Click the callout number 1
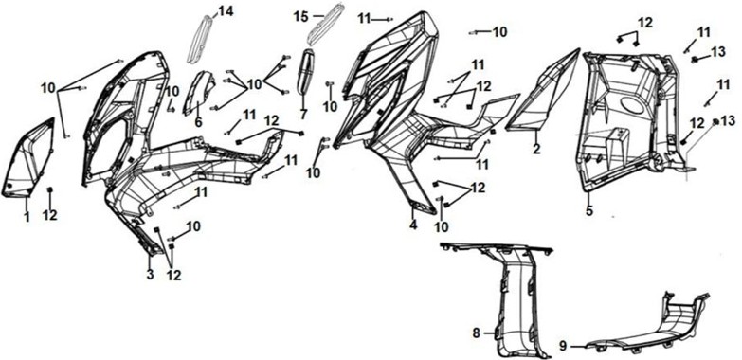click(x=27, y=217)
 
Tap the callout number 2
click(x=536, y=149)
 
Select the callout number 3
click(x=150, y=274)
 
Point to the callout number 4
click(x=413, y=225)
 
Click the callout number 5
click(x=589, y=210)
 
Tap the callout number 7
click(x=303, y=114)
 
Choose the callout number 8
click(x=477, y=333)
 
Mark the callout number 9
click(x=563, y=346)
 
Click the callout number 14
click(x=226, y=11)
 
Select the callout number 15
click(x=301, y=16)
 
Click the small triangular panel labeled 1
click(x=29, y=158)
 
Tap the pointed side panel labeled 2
click(x=544, y=92)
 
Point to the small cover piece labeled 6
click(x=199, y=92)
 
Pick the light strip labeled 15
click(x=326, y=24)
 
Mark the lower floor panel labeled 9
click(x=648, y=327)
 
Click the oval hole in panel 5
click(x=630, y=105)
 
